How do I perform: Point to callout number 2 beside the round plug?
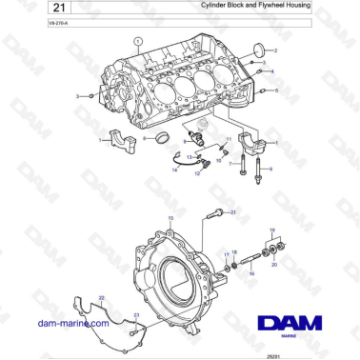(276, 50)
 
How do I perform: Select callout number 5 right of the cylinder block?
(277, 91)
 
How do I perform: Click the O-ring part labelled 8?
(159, 139)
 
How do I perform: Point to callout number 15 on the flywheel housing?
(171, 219)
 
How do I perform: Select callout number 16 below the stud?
(252, 272)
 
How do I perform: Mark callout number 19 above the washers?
(273, 230)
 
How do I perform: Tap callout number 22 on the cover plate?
(101, 298)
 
